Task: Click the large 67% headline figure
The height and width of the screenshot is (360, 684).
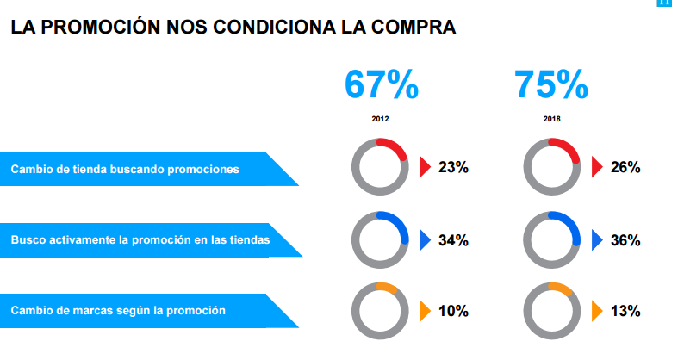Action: [x=381, y=84]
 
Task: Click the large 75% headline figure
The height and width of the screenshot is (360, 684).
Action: [x=551, y=84]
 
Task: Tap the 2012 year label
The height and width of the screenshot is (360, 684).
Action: [x=380, y=119]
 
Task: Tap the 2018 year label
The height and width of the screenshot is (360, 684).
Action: [x=551, y=119]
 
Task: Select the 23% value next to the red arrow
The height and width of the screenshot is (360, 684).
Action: [x=453, y=167]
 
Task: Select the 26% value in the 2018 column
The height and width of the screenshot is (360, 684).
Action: [x=625, y=167]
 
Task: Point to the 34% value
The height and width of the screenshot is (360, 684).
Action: [x=453, y=240]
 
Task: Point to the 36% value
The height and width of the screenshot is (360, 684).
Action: [x=625, y=240]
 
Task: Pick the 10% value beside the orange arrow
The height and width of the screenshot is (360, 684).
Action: [x=453, y=311]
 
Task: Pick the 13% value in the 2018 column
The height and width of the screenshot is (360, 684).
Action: [x=625, y=311]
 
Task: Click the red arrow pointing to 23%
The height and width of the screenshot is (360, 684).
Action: [x=424, y=167]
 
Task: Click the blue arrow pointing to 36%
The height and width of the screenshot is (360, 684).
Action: [x=596, y=240]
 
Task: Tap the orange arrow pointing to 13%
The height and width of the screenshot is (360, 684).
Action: [x=596, y=311]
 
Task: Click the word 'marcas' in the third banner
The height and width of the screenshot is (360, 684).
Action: [x=92, y=310]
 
